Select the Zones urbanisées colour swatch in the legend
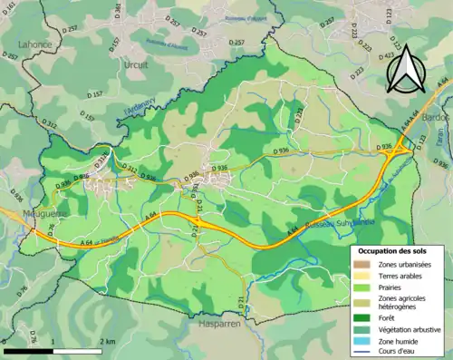click(x=364, y=262)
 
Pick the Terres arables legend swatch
click(x=364, y=275)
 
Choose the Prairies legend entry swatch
click(x=364, y=287)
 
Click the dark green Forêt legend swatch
click(x=364, y=317)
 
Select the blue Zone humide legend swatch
click(x=364, y=343)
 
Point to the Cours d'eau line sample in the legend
click(x=364, y=354)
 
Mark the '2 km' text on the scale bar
click(x=107, y=341)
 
